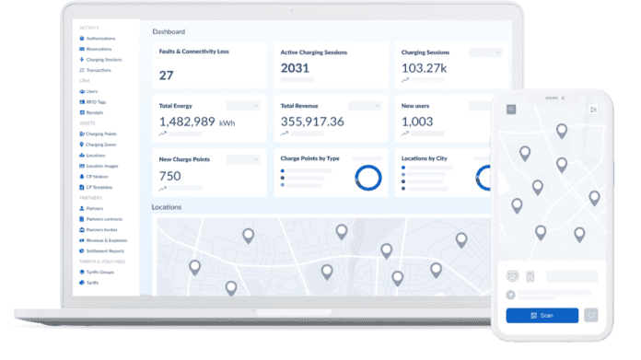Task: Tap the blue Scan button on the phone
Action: (x=542, y=316)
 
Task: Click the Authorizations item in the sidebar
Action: (x=100, y=38)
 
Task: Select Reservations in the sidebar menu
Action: (x=99, y=49)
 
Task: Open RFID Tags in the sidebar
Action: (x=96, y=102)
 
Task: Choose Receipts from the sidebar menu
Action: (x=95, y=112)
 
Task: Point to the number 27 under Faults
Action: (x=166, y=75)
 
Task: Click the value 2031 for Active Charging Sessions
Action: (x=295, y=69)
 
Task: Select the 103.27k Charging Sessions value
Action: (x=425, y=69)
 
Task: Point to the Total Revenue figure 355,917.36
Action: (x=312, y=122)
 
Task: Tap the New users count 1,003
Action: (x=417, y=122)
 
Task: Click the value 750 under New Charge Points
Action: (x=169, y=175)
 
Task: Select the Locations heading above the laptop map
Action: (x=167, y=208)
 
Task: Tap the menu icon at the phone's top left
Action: (x=511, y=109)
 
